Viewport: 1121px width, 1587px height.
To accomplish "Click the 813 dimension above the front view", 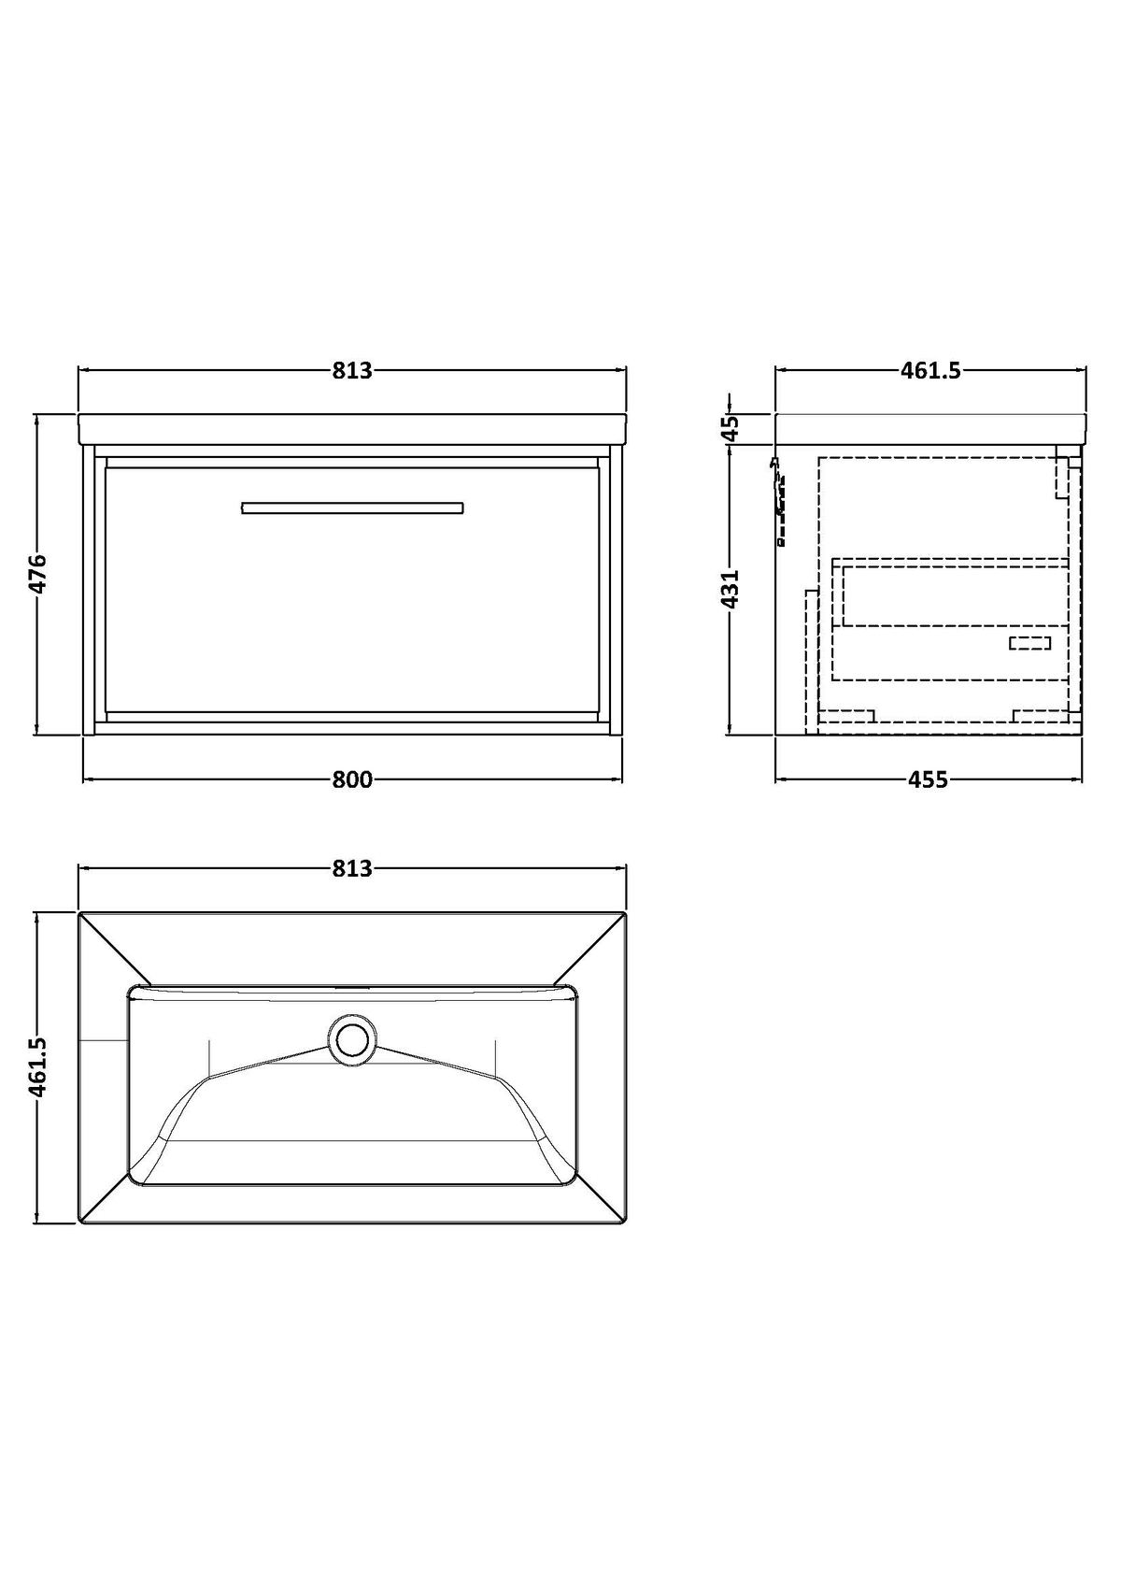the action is pos(352,370).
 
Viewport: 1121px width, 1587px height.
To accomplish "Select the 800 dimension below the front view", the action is pos(352,779).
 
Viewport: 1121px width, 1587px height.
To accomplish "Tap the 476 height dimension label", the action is pos(37,573).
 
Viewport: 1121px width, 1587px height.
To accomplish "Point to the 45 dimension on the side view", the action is pos(731,428).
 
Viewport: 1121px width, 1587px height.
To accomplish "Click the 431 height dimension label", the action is pos(731,588).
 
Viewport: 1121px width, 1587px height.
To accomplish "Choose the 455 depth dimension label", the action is pos(928,779).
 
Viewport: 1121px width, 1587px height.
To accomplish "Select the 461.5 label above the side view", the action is pos(930,370).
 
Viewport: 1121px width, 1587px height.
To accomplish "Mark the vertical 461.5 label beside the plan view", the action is pos(37,1067).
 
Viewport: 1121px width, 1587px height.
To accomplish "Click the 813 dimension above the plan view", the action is pos(352,868).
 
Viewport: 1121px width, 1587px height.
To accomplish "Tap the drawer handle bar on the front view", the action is pos(352,508).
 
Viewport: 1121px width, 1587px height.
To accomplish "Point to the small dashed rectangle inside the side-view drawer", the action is pos(1029,643).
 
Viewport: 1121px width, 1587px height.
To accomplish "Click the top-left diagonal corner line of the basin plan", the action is pos(116,950).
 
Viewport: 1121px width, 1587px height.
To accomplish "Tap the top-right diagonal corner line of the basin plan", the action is pos(589,950).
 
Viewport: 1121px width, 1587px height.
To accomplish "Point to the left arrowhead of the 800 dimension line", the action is pos(89,779).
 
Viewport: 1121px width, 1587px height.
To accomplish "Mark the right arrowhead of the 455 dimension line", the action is pos(1076,779).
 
